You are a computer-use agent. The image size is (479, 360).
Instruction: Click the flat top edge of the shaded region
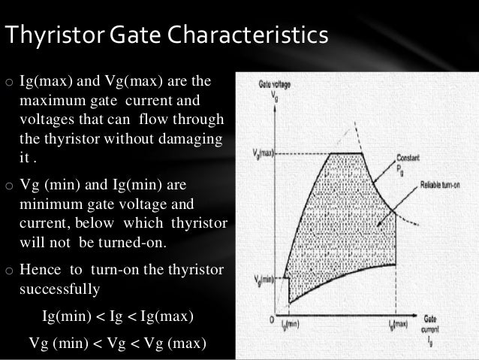coord(345,153)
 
